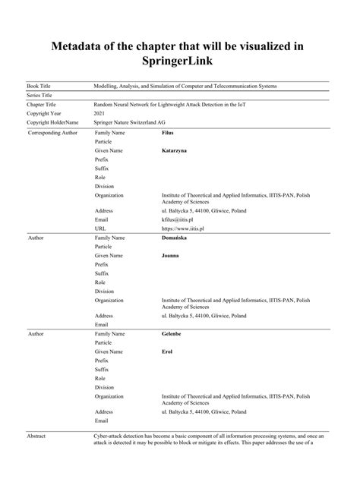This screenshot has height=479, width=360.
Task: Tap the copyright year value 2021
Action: click(99, 113)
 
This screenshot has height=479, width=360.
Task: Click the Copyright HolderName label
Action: click(52, 122)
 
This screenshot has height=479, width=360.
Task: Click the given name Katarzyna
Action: click(175, 151)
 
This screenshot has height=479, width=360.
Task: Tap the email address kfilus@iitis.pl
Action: click(179, 219)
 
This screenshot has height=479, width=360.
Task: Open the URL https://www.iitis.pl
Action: click(183, 228)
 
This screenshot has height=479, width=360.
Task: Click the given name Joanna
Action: click(172, 256)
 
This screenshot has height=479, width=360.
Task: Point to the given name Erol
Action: click(168, 351)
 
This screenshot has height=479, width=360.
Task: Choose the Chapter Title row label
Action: click(43, 104)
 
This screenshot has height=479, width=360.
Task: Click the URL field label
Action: click(100, 228)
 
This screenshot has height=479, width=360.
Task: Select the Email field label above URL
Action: click(102, 219)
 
